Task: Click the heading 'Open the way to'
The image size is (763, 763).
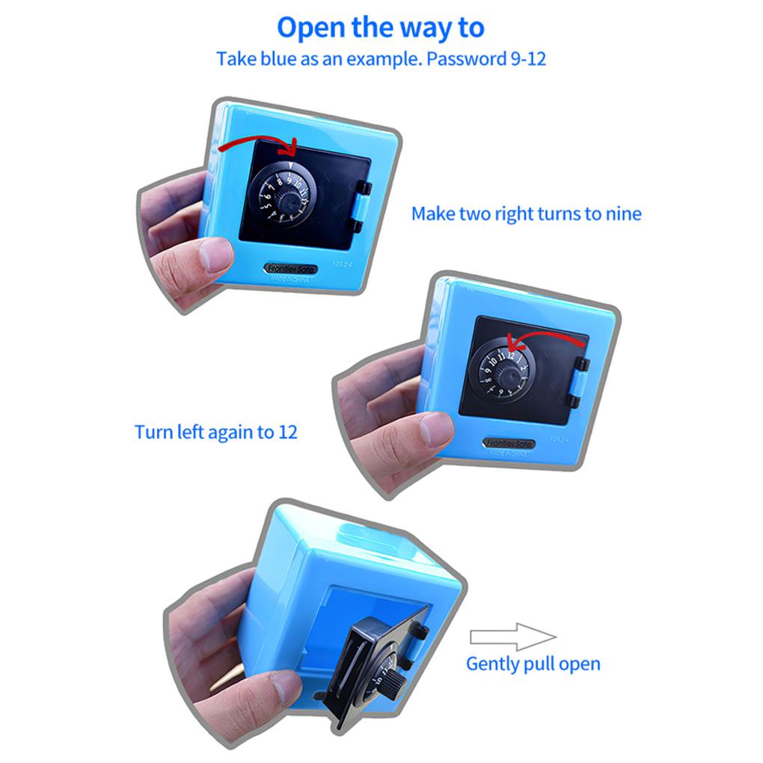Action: [381, 28]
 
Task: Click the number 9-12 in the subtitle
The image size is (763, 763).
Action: [528, 59]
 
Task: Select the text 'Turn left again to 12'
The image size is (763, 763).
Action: [216, 432]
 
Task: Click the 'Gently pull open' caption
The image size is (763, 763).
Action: [533, 664]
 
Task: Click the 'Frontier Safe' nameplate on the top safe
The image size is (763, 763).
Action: [291, 269]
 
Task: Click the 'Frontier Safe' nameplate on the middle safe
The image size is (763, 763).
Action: [509, 444]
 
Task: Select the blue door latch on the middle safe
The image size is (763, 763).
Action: [577, 382]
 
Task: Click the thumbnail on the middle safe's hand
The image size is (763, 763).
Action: [435, 430]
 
